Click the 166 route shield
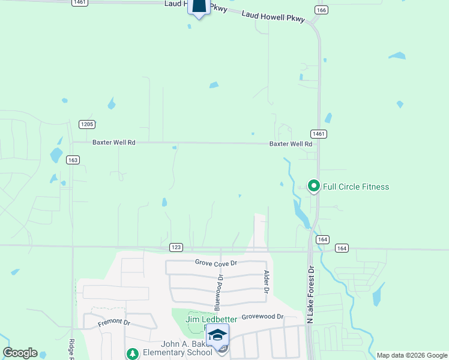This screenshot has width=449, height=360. pos(321,10)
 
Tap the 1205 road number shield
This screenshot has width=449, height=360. pos(87,124)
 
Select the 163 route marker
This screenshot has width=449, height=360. pos(73,160)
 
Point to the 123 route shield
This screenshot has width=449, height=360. pos(176,247)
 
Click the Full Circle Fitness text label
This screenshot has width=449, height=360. pos(356,187)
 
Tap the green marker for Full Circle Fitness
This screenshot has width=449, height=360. pos(313,186)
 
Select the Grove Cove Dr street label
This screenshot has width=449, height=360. pos(217,263)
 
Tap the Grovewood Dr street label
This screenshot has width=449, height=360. pos(262,316)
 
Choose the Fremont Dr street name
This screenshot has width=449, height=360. pos(114,323)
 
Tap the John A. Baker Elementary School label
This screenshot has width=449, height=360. pos(178,348)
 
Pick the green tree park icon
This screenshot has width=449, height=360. pos(131,353)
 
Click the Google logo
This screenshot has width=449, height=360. pos(20,353)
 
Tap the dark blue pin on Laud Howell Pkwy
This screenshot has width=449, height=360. pos(199,7)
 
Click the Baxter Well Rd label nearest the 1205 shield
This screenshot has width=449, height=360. pos(114,143)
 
